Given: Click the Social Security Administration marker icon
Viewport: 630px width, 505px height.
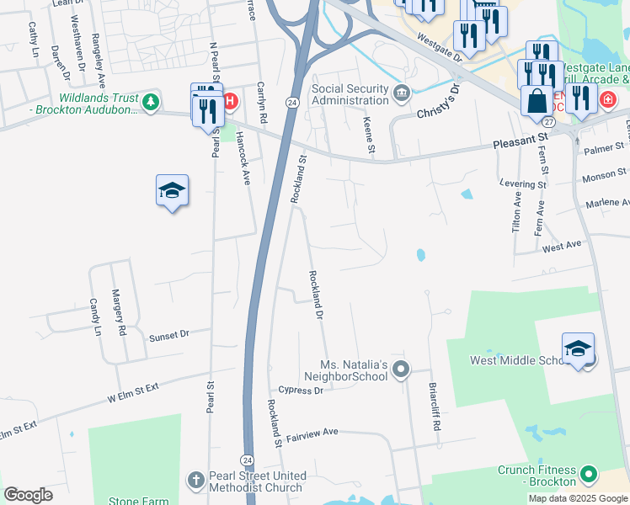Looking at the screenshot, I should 402,91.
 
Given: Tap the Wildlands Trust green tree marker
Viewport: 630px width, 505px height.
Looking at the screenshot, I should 150,103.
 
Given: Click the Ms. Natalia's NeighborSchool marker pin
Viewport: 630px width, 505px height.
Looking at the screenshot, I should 401,369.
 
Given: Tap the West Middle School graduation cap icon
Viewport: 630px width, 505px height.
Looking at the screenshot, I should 578,348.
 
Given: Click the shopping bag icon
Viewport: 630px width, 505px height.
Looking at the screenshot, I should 537,100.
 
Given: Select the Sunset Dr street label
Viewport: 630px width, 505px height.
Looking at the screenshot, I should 168,335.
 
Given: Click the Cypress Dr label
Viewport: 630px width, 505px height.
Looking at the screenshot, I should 301,391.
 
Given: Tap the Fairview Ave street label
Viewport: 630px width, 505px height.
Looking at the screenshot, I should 312,432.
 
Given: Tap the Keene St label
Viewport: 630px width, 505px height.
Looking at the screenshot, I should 368,136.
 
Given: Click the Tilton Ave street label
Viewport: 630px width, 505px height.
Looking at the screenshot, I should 516,216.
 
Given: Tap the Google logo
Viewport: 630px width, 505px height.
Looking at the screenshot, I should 28,495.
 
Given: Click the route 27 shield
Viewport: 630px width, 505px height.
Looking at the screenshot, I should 548,122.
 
